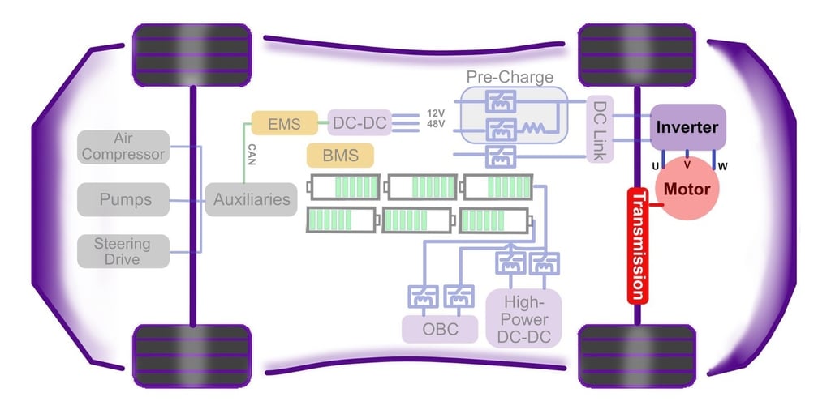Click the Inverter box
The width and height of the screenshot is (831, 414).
[687, 127]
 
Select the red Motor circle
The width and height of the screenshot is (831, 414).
[687, 190]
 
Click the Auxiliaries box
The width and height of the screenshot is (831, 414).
[251, 199]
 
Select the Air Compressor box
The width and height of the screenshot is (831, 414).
[123, 147]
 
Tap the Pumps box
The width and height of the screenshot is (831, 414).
[123, 199]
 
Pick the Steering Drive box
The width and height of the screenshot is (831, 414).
[123, 251]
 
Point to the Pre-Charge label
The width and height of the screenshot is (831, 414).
[510, 78]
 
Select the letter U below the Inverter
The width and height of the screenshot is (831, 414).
[655, 167]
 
